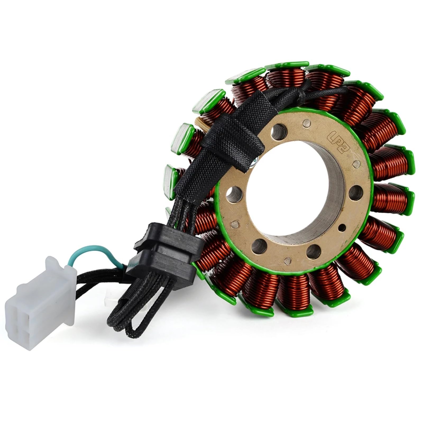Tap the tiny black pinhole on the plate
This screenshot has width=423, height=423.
[x=343, y=227]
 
